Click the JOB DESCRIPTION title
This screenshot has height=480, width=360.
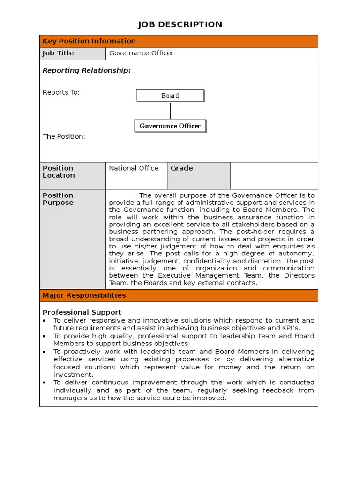coord(180,24)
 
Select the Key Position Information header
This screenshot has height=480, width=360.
coord(89,41)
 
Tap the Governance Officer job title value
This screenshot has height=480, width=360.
coord(141,53)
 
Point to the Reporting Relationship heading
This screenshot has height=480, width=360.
coord(87,71)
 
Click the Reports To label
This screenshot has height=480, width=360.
coord(61,92)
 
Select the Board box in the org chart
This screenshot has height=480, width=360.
coord(170,96)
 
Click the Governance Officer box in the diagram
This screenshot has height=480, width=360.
coord(170,126)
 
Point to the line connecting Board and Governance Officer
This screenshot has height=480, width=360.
coord(170,111)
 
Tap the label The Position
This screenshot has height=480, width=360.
coord(64,137)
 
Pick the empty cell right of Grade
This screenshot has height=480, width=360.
coord(274,176)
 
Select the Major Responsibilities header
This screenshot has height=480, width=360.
coord(84,296)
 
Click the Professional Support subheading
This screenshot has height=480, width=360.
coord(82,312)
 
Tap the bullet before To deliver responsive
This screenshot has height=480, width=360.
coord(44,321)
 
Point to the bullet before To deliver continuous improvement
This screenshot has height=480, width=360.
coord(44,382)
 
